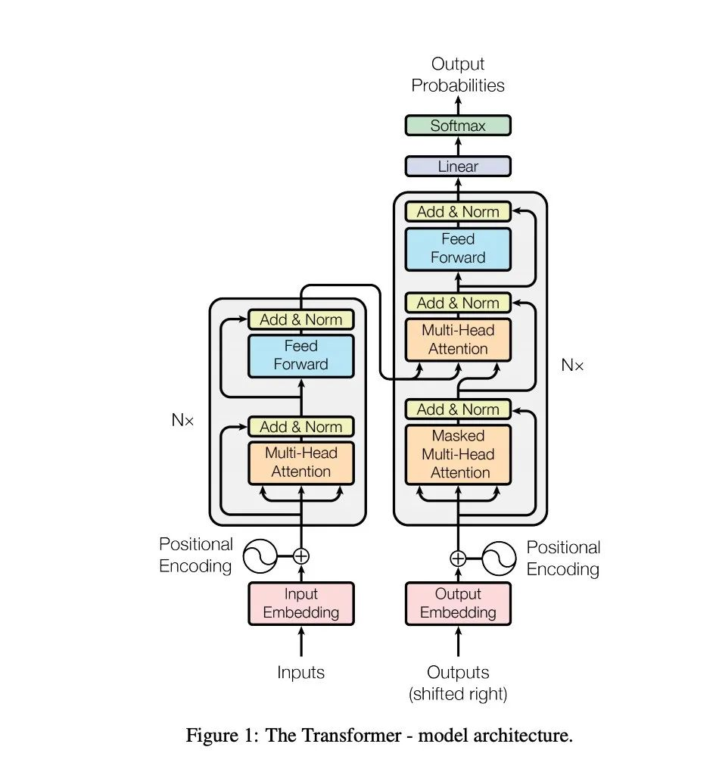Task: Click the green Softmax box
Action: point(458,126)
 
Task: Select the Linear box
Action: point(458,166)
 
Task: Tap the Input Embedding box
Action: point(301,603)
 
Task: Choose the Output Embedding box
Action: point(458,603)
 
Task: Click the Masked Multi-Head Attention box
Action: point(458,454)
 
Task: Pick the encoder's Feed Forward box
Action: point(301,356)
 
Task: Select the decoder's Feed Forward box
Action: point(458,249)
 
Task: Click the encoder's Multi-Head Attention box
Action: point(301,462)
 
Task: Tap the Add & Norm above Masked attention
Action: point(458,409)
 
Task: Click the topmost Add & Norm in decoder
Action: point(458,212)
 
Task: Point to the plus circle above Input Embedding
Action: point(301,556)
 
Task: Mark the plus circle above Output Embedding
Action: point(458,559)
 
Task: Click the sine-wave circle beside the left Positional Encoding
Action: point(260,556)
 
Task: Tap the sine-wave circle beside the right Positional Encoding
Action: point(499,559)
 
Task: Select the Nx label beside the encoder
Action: point(182,420)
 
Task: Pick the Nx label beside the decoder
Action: point(572,366)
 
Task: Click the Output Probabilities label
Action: point(458,75)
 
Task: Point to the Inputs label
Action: point(300,672)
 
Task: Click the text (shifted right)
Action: point(458,694)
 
